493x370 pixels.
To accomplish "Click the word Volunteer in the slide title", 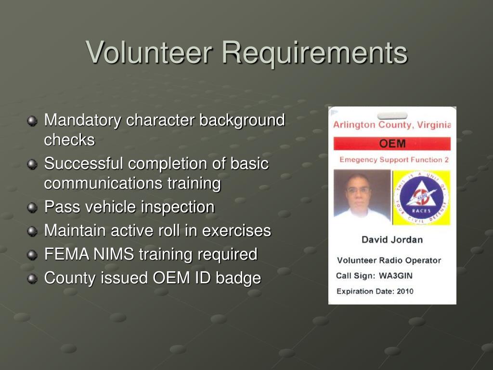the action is pyautogui.click(x=149, y=52).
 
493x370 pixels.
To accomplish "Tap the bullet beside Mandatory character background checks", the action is pyautogui.click(x=32, y=121).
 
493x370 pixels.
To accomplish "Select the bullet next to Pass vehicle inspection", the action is pyautogui.click(x=32, y=208).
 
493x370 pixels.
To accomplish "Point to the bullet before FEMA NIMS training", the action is pyautogui.click(x=32, y=255).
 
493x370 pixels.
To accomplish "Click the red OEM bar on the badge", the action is pyautogui.click(x=392, y=144).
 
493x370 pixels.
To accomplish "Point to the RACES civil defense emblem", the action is pyautogui.click(x=422, y=198).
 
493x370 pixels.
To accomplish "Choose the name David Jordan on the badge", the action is pyautogui.click(x=392, y=240).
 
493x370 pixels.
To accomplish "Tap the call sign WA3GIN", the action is pyautogui.click(x=396, y=276).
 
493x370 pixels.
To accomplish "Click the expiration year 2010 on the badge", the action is pyautogui.click(x=405, y=291).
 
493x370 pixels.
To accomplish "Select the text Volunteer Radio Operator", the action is pyautogui.click(x=389, y=261).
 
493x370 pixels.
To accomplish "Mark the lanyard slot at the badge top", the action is pyautogui.click(x=392, y=116).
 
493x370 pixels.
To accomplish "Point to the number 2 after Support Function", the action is pyautogui.click(x=446, y=160).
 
